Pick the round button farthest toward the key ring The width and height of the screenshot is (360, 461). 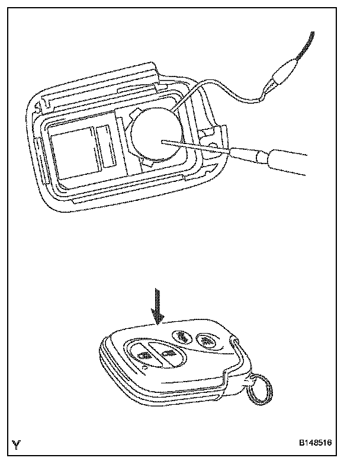click(205, 340)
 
